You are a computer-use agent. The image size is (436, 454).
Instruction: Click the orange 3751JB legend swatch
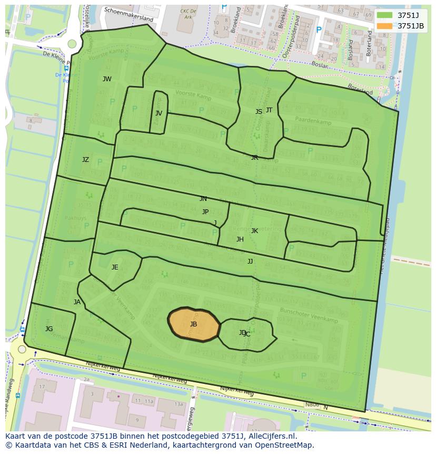click(x=385, y=26)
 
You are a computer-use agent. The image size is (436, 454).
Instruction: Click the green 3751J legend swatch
click(x=385, y=15)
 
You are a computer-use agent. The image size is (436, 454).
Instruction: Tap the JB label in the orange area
click(x=193, y=324)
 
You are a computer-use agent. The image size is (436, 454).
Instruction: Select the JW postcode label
click(x=107, y=79)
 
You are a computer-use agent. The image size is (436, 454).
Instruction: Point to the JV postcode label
click(x=158, y=113)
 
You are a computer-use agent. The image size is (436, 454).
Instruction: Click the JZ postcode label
click(x=85, y=160)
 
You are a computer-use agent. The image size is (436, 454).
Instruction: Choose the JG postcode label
click(x=49, y=329)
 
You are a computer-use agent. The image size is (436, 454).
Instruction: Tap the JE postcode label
click(x=115, y=267)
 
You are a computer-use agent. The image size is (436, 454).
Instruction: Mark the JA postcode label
click(x=77, y=302)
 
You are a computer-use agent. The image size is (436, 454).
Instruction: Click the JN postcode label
click(x=203, y=199)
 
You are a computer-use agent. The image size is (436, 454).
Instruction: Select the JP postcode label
click(x=205, y=212)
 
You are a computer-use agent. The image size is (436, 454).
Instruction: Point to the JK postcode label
click(x=254, y=231)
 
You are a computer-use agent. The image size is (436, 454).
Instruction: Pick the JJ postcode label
click(x=250, y=262)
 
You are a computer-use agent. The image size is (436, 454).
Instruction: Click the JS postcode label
click(x=259, y=112)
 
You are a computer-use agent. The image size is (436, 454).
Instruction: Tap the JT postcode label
click(x=269, y=110)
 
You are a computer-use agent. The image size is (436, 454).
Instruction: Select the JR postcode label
click(x=254, y=158)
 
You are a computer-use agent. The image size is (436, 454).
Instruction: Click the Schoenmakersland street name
click(x=128, y=14)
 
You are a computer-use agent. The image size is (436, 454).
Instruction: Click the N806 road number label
click(x=312, y=405)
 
